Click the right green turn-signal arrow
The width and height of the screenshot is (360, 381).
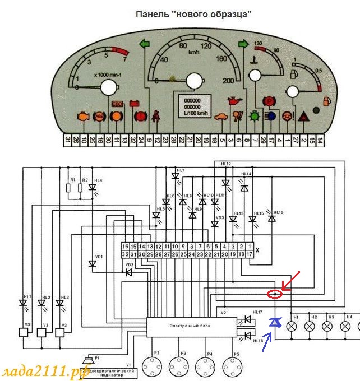point(243,43)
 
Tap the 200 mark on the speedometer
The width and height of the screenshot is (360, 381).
point(228,81)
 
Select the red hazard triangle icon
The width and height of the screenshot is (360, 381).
point(303,117)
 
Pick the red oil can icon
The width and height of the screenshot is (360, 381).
point(233,103)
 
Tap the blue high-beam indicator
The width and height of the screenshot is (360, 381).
point(271,117)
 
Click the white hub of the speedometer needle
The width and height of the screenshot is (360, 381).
point(193,82)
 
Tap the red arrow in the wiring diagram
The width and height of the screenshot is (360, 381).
point(292,280)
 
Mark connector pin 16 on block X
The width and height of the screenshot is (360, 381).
point(126,246)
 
